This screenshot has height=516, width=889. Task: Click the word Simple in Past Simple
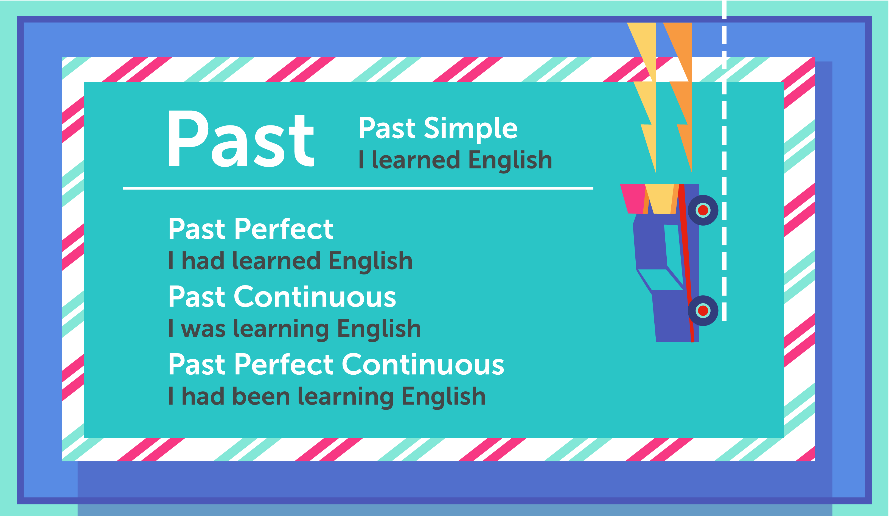[471, 129]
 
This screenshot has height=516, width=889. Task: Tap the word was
[203, 329]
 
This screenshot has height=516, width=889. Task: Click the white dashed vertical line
[724, 161]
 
